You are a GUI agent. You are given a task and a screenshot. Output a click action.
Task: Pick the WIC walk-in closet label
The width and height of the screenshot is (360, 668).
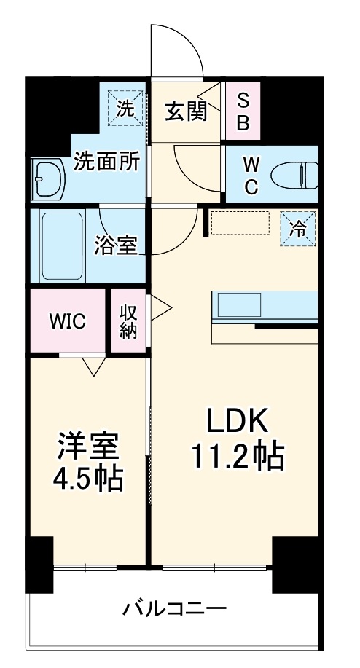[68, 321]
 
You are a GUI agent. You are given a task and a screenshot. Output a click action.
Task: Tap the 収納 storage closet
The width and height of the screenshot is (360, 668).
[128, 321]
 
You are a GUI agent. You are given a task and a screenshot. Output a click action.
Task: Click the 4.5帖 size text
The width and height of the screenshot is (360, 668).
[88, 479]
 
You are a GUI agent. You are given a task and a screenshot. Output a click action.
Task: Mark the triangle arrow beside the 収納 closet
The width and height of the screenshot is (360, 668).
[158, 307]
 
